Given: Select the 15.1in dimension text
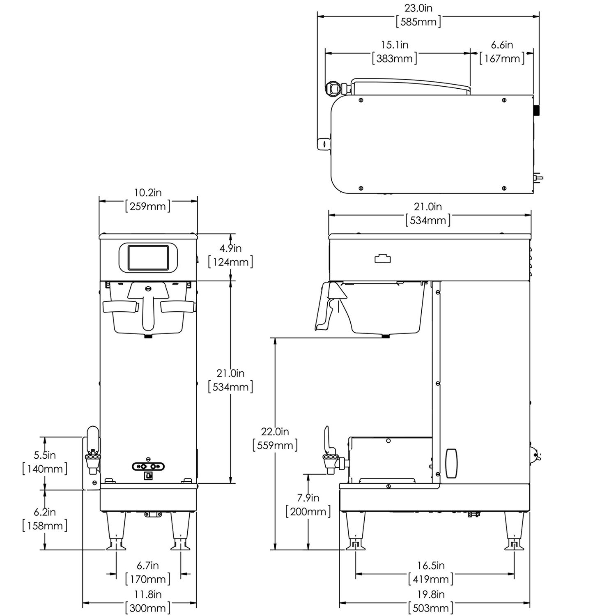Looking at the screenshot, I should point(394,44).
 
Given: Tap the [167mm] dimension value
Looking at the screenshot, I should point(502,58).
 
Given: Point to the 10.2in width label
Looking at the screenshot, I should point(148,192).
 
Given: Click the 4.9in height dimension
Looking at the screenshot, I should point(230,248).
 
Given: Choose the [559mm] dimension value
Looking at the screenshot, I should point(275,445).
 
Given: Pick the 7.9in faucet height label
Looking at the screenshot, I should point(308,498).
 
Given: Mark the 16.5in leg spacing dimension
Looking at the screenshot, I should point(431,565).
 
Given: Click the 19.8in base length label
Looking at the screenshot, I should point(431,594).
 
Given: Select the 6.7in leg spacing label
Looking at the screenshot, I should point(148,565).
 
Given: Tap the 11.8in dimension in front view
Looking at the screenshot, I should point(148,594).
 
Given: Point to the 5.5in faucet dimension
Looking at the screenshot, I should point(45,455).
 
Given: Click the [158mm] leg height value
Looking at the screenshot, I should point(45,526).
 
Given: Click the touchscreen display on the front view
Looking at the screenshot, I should point(148,258).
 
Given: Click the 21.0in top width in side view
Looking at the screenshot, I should point(428,207).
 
